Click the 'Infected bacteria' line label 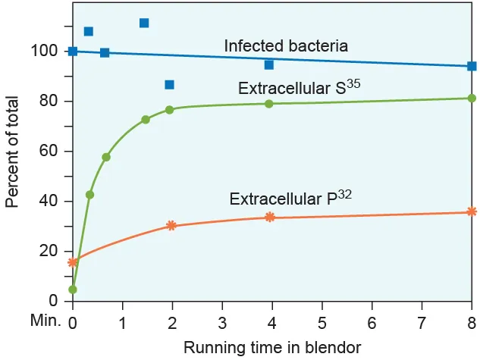point(286,46)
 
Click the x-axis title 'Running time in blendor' point(271,347)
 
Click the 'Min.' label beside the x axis point(45,321)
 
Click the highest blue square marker point(144,23)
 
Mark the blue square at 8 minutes point(472,66)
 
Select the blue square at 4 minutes point(269,64)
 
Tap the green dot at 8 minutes point(472,98)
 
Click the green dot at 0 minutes point(73,290)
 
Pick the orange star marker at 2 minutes point(171,225)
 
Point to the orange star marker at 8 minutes point(472,211)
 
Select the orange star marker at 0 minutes point(73,262)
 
